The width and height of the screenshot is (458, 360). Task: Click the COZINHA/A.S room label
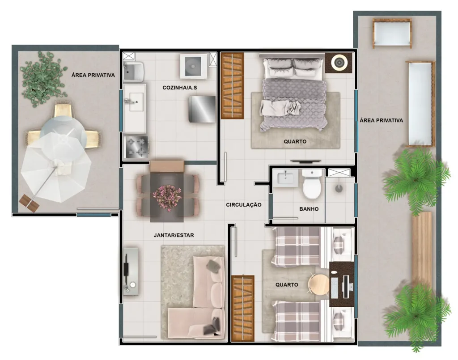click(179, 88)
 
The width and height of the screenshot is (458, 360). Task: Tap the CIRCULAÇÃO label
click(243, 204)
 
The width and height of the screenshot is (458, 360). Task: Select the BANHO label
click(309, 208)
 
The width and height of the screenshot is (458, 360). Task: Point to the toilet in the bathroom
click(312, 185)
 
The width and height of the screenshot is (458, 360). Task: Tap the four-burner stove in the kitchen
click(136, 147)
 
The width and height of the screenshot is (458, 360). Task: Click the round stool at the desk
click(319, 284)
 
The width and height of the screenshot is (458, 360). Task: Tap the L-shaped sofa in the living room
click(201, 297)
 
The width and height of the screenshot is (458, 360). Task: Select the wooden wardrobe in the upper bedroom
click(232, 85)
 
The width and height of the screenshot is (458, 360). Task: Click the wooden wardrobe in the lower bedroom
click(243, 308)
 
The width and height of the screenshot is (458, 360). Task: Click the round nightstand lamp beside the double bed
click(339, 62)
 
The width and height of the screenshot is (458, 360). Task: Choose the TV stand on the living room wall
click(130, 271)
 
